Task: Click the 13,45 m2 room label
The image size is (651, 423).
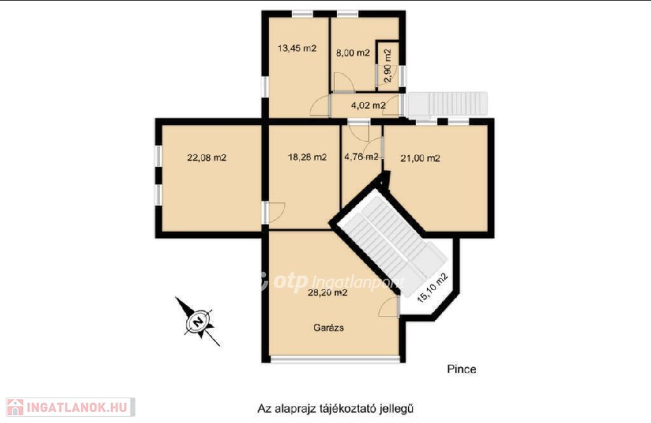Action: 297,48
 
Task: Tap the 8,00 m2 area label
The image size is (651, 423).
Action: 352,53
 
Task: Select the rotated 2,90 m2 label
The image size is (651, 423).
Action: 387,66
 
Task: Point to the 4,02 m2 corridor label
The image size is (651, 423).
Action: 368,105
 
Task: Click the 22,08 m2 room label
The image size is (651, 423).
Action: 207,158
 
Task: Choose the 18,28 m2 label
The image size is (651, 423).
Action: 307,157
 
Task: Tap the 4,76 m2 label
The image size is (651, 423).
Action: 361,156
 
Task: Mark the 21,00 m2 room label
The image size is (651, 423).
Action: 420,158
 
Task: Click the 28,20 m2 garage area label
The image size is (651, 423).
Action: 327,293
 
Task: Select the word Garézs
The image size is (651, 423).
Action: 329,328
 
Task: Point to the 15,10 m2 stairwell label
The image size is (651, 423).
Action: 432,288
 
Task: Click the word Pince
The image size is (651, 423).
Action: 462,369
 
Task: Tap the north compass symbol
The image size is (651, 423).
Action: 198,322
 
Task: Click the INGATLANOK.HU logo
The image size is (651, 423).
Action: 70,407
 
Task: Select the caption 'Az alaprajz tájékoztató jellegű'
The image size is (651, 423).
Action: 336,408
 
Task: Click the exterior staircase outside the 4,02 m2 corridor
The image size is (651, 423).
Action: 448,104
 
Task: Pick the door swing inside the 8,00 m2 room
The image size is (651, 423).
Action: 343,82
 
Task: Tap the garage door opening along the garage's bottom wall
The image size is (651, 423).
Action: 334,359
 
